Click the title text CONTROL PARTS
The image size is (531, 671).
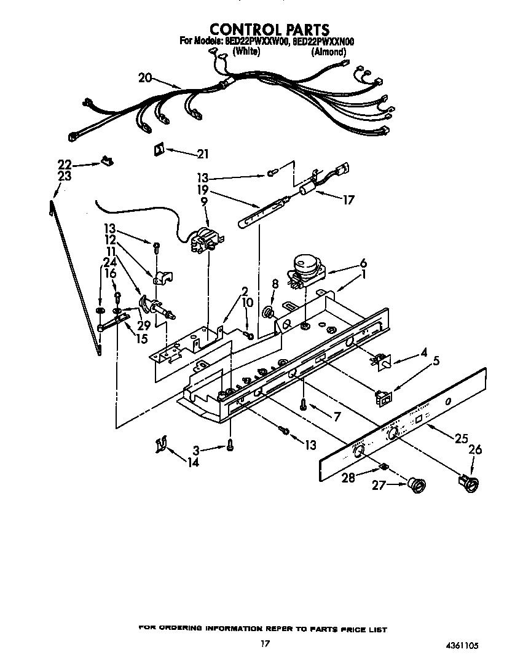pos(269,29)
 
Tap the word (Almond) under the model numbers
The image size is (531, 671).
pos(329,52)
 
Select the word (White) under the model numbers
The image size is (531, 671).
pos(246,52)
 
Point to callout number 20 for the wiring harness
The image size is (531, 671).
pos(145,77)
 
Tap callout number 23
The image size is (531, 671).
pos(64,176)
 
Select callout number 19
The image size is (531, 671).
pos(203,190)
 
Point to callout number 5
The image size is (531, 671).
pos(436,361)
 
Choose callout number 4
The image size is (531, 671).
pos(423,353)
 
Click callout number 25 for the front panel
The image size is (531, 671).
pos(462,438)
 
